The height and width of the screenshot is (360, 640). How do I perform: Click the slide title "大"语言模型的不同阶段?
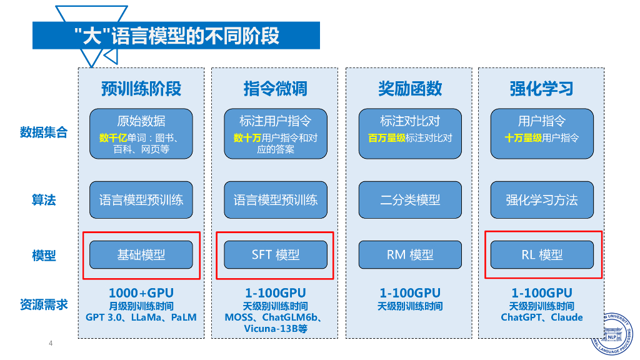176,36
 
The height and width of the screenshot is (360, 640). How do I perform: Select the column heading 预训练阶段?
141,88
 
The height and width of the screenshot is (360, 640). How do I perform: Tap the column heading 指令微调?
275,88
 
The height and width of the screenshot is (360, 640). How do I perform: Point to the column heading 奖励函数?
410,88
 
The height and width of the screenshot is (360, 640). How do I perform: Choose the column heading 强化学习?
541,88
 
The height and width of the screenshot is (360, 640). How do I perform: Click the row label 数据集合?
44,132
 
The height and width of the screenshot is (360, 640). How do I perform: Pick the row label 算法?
44,200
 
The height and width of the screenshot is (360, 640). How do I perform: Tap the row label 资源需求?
44,304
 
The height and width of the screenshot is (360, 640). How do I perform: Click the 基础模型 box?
141,255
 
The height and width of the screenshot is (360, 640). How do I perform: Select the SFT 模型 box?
275,255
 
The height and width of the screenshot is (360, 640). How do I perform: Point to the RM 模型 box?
410,255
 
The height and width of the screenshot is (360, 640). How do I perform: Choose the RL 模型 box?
541,255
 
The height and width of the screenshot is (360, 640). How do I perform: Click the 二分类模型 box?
410,200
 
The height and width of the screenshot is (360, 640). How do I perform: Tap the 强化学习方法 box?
541,200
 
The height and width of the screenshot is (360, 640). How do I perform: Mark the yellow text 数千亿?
113,138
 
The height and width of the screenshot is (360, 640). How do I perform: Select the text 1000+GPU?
141,293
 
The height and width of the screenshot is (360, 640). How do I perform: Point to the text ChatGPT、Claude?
541,317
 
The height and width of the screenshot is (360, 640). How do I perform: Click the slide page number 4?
51,343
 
